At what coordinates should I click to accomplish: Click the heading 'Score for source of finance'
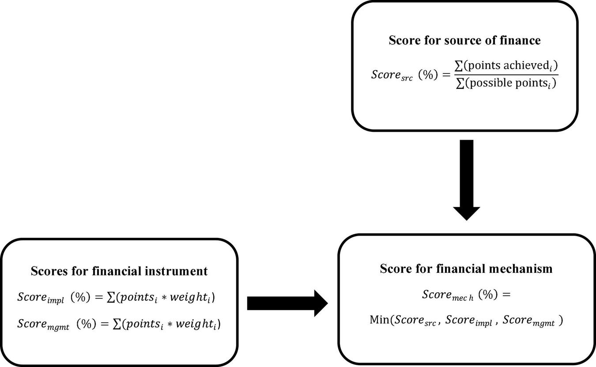tap(464, 40)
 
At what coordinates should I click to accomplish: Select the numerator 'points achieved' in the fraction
tap(508, 65)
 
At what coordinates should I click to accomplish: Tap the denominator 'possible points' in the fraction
tap(508, 84)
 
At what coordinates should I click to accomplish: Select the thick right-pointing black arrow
tap(287, 303)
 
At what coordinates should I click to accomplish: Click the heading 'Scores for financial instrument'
tap(119, 271)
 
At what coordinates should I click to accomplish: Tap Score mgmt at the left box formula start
tap(43, 324)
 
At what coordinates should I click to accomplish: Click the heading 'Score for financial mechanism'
tap(466, 268)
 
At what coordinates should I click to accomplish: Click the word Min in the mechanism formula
tap(379, 320)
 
